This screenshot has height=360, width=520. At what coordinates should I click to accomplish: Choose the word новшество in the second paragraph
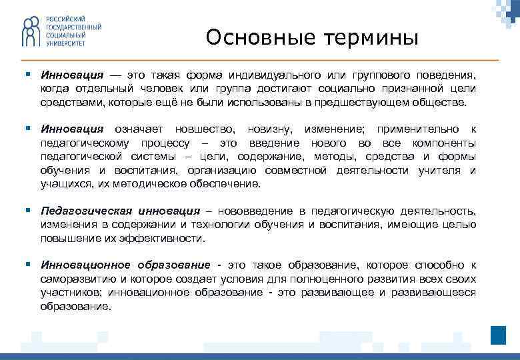[x=204, y=128]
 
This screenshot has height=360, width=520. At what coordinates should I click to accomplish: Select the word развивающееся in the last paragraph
[x=439, y=293]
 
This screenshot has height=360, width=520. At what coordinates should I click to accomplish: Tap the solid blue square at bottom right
[x=499, y=335]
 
